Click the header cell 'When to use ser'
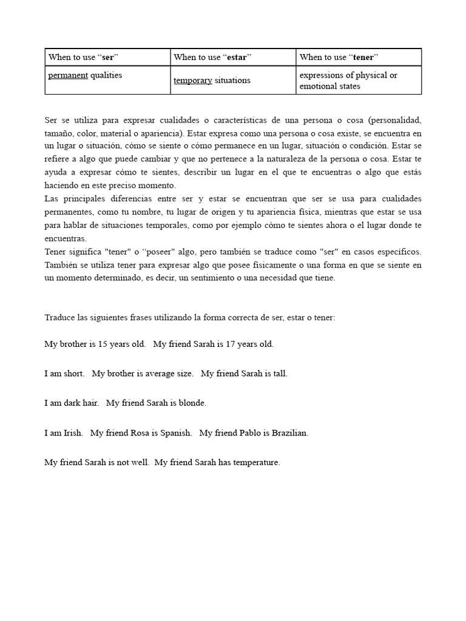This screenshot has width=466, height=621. pyautogui.click(x=83, y=57)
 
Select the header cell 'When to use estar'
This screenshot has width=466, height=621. pyautogui.click(x=212, y=57)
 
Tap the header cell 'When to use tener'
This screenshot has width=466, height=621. pyautogui.click(x=339, y=57)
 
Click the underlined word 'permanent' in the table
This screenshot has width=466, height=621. pyautogui.click(x=68, y=75)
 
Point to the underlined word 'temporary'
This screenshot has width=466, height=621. pyautogui.click(x=192, y=81)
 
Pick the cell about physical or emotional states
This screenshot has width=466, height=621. pyautogui.click(x=348, y=81)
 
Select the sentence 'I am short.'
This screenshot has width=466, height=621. pyautogui.click(x=64, y=374)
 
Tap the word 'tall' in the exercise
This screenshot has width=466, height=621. pyautogui.click(x=280, y=374)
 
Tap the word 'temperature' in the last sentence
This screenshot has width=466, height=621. pyautogui.click(x=256, y=463)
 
